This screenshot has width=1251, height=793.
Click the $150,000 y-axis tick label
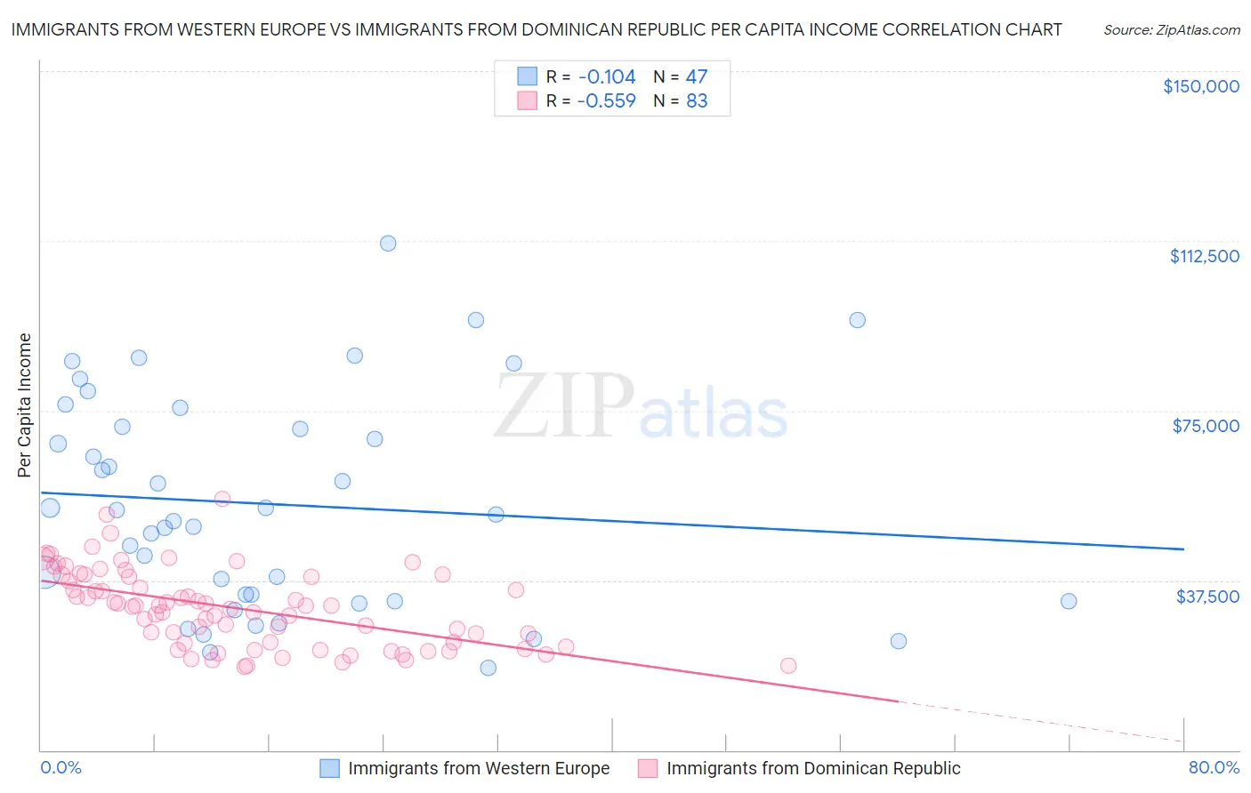1200,86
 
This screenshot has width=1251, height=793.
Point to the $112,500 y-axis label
1204,256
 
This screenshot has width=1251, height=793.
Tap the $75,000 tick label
1206,426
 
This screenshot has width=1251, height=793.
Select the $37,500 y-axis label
1207,596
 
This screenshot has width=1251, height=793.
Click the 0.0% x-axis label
61,767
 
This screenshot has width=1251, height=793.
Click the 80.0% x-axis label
1214,767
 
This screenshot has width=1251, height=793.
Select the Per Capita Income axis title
25,405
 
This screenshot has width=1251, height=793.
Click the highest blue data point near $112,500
388,244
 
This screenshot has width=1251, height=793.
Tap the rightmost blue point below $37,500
899,641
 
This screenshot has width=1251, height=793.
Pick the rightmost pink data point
787,666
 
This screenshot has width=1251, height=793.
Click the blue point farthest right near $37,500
1069,601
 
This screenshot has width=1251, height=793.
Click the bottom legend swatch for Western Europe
330,768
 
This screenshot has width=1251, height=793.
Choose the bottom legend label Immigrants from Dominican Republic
813,768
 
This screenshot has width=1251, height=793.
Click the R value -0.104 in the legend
606,77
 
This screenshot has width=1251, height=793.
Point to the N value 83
697,101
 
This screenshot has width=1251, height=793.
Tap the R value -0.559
606,101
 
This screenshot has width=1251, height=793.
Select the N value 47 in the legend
697,77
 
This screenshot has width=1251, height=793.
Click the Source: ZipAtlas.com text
1171,29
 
